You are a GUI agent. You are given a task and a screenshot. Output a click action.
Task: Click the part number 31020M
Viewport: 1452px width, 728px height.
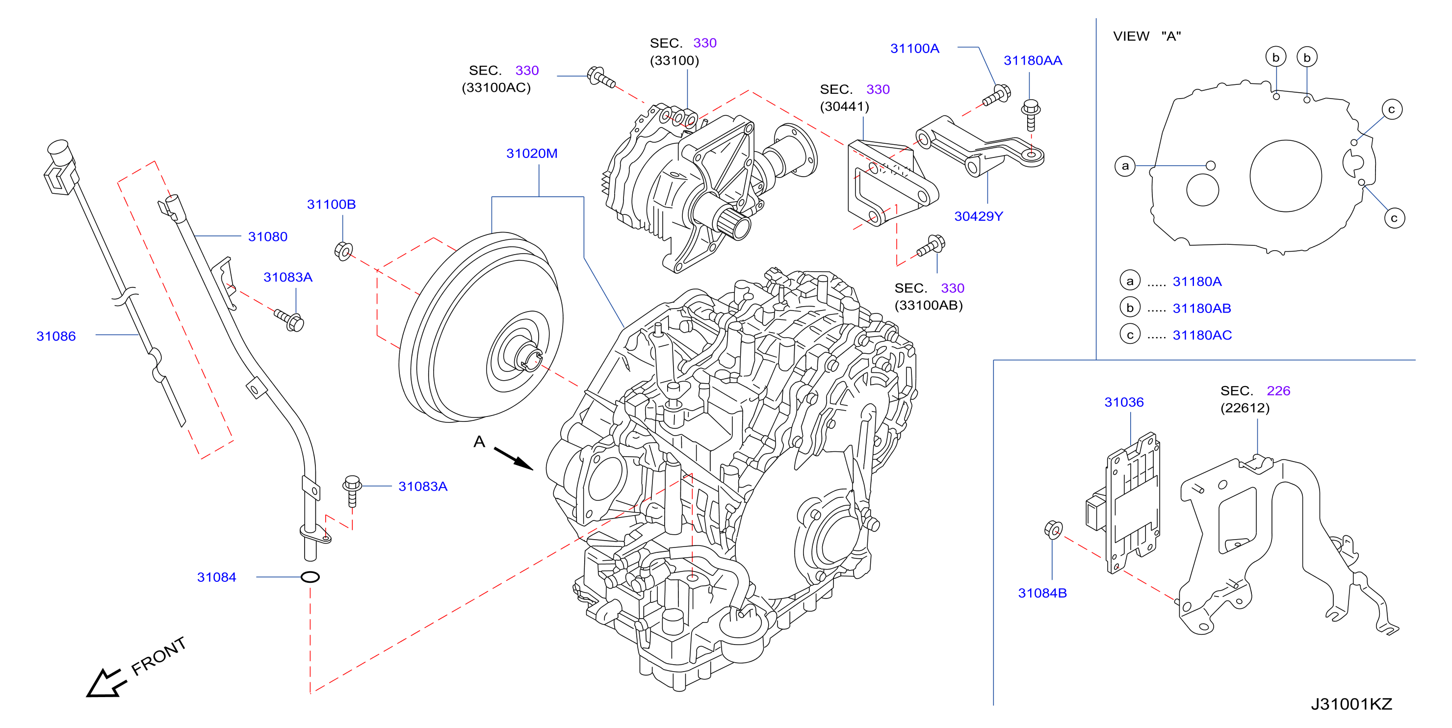click(x=532, y=154)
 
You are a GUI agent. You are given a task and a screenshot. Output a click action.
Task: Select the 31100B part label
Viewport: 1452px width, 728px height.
click(x=331, y=204)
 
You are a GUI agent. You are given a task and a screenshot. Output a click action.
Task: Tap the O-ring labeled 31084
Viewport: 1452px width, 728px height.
click(x=310, y=577)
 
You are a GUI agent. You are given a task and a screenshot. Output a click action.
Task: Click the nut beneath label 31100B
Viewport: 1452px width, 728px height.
click(x=343, y=250)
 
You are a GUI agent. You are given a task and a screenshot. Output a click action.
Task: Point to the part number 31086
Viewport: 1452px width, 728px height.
click(x=56, y=336)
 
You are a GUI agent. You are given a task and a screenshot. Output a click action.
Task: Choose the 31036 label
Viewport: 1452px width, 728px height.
click(x=1123, y=402)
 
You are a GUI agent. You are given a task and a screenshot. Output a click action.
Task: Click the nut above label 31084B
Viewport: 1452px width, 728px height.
click(x=1053, y=529)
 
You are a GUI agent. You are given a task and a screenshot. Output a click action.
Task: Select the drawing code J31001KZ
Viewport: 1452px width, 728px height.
click(x=1351, y=704)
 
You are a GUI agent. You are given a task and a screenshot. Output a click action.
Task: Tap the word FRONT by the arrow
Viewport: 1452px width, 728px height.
click(x=158, y=656)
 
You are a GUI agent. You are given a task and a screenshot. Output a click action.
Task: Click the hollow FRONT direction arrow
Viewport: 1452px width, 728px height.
click(x=104, y=683)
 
